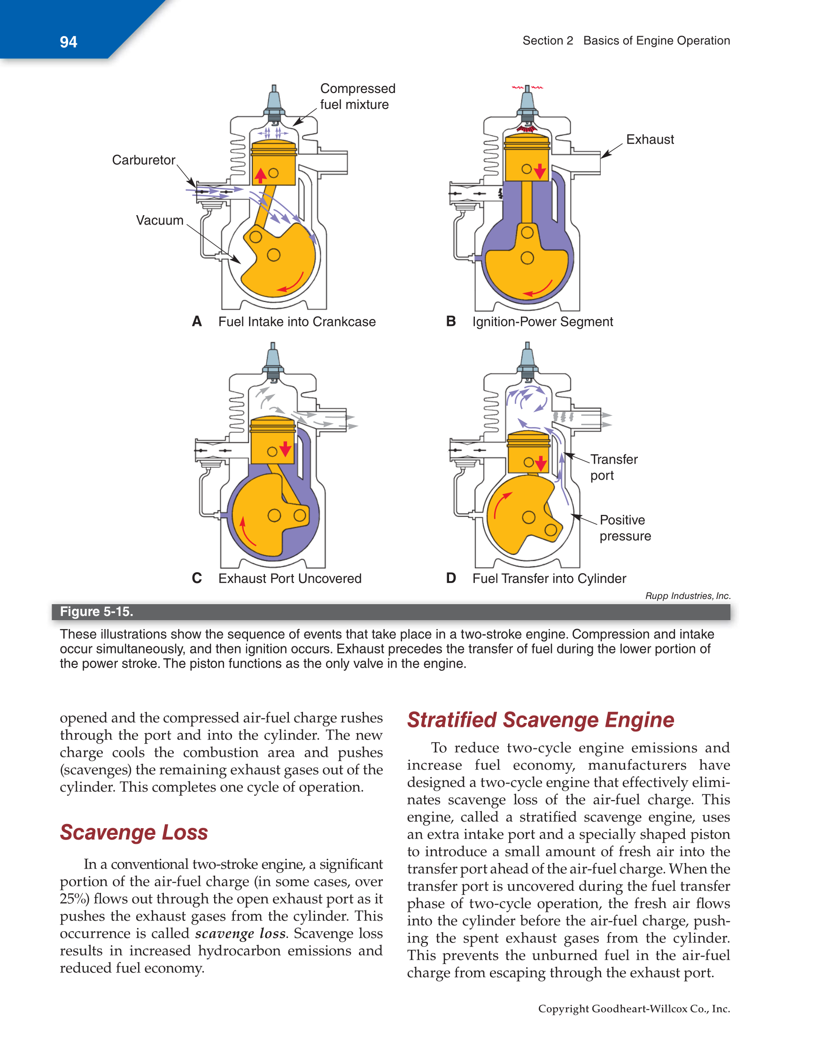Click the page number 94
pyautogui.click(x=68, y=42)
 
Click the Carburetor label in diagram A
pyautogui.click(x=143, y=160)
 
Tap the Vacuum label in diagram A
pyautogui.click(x=159, y=220)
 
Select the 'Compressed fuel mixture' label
pyautogui.click(x=357, y=96)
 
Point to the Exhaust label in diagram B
pyautogui.click(x=650, y=140)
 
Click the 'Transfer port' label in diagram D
pyautogui.click(x=613, y=467)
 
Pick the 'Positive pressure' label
pyautogui.click(x=625, y=528)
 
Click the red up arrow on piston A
pyautogui.click(x=261, y=175)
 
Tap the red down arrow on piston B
pyautogui.click(x=540, y=171)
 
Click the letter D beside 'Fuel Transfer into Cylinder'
pyautogui.click(x=450, y=578)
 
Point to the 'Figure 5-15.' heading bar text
pyautogui.click(x=96, y=612)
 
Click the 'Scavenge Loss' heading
pyautogui.click(x=133, y=832)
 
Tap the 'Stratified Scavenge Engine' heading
pyautogui.click(x=540, y=720)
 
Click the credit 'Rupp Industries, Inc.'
pyautogui.click(x=687, y=596)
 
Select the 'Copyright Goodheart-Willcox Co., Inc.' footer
pyautogui.click(x=634, y=1009)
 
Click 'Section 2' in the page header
pyautogui.click(x=547, y=40)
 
